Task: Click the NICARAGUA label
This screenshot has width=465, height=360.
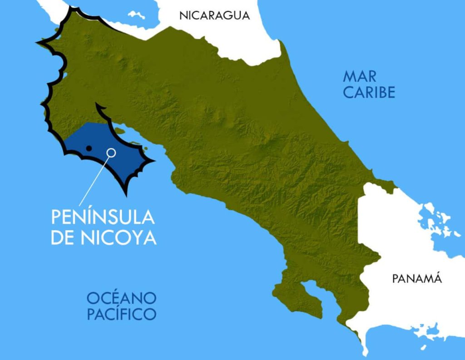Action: [215, 15]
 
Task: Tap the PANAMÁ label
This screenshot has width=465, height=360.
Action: [417, 279]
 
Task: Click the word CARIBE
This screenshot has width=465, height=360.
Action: [369, 92]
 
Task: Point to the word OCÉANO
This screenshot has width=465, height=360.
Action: [122, 298]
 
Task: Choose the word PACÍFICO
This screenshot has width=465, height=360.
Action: [122, 314]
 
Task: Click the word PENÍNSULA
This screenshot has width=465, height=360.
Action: [103, 217]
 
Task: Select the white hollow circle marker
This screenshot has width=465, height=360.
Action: [111, 152]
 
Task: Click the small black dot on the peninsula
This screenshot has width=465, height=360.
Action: [89, 148]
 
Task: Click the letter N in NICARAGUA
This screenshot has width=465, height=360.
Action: [183, 15]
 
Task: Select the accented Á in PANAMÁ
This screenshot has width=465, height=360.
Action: [437, 278]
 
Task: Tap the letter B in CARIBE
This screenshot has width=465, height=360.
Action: [380, 92]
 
